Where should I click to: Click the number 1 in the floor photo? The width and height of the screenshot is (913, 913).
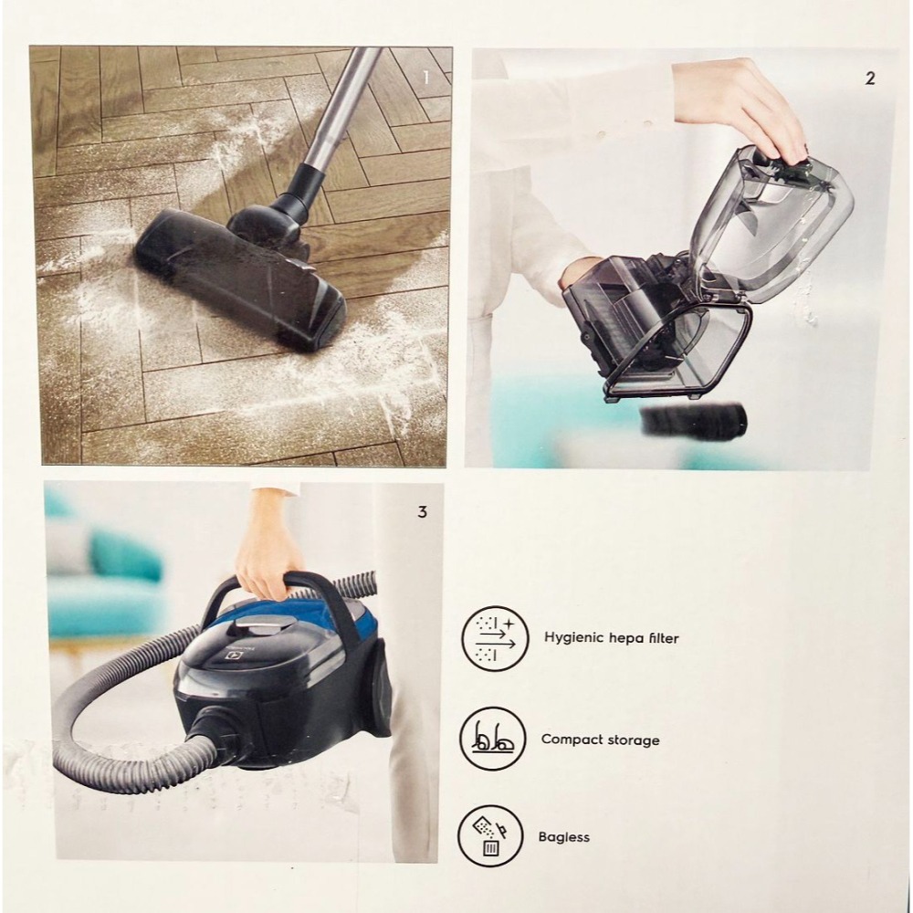coord(425,78)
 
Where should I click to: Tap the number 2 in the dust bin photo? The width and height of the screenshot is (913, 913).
coord(869,79)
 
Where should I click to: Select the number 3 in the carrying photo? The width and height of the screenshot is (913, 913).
coord(422,512)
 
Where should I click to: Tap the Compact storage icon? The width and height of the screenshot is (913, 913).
coord(493,738)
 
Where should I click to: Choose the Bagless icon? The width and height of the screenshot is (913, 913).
coord(490,835)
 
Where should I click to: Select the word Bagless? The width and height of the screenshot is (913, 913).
coord(565,836)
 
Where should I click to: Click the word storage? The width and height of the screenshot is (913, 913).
coord(632,740)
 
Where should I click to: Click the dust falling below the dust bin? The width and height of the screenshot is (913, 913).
coord(695,421)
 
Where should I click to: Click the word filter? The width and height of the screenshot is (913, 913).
coord(660,638)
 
